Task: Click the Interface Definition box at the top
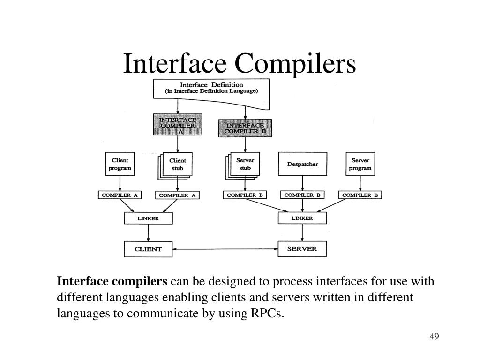coord(212,88)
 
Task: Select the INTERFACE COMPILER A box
coord(178,125)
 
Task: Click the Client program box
coord(120,164)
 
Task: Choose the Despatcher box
coord(302,165)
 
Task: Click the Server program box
coord(360,164)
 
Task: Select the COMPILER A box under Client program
coord(120,195)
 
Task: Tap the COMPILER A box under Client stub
coord(177,195)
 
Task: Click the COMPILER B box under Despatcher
coord(302,195)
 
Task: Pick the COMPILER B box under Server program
coord(360,195)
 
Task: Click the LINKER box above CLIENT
coord(148,218)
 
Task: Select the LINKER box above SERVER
coord(302,218)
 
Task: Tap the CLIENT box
coord(148,249)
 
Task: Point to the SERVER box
coord(302,249)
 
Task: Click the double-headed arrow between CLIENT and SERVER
coord(225,249)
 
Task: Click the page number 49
coord(434,337)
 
